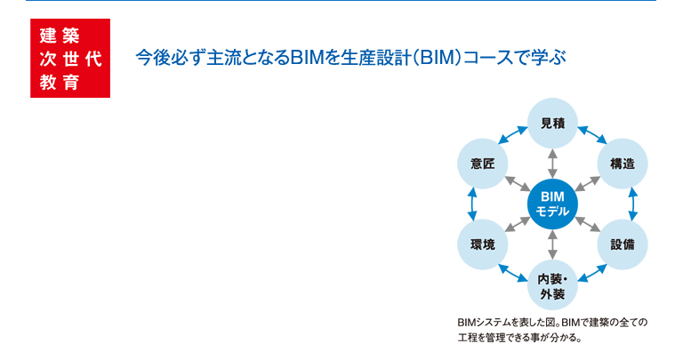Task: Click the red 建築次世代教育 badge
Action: point(70,58)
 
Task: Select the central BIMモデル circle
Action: point(552,204)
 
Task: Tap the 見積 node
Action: point(552,124)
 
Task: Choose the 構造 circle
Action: point(623,164)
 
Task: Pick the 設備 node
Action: point(623,244)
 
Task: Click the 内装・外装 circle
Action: point(552,285)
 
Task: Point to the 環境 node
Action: point(483,244)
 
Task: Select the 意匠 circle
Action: point(483,164)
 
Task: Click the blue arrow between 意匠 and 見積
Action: point(512,135)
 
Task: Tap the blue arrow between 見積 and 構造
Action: point(592,135)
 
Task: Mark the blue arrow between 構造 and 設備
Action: point(633,204)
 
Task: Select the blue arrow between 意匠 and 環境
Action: point(472,204)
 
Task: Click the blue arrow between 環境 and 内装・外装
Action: point(512,274)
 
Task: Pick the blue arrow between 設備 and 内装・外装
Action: point(592,274)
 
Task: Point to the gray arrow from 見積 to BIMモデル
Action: point(552,164)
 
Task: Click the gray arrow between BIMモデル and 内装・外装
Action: point(552,244)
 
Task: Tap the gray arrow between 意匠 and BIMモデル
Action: point(518,184)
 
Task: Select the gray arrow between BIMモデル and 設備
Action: point(588,224)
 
